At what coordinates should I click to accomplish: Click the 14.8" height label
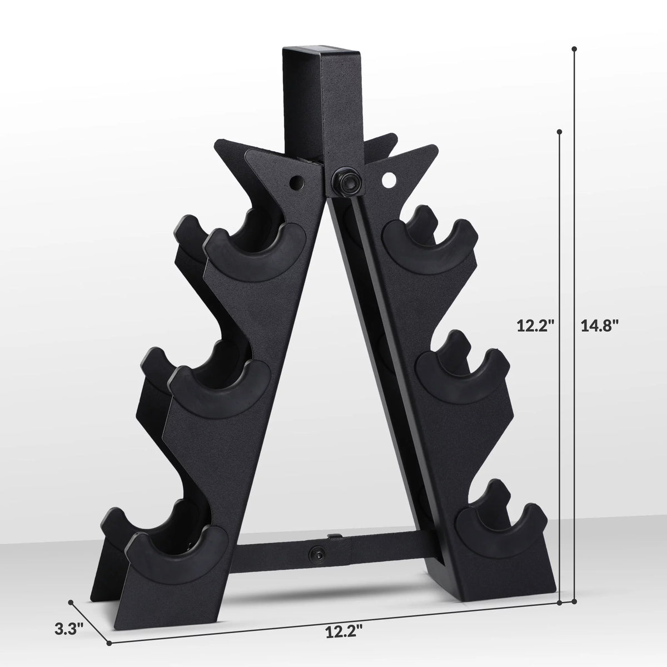point(599,326)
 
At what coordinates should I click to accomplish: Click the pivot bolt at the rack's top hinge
point(346,180)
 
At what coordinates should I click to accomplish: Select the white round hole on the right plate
point(389,180)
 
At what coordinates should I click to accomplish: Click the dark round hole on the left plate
point(296,182)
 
